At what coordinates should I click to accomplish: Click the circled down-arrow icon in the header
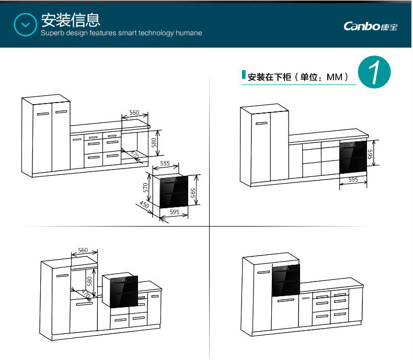point(25,24)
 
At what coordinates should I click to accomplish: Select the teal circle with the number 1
point(374,73)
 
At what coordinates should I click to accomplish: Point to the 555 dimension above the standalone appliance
point(165,164)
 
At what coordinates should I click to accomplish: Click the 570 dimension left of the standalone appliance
point(146,188)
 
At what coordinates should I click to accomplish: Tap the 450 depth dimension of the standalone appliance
point(144,205)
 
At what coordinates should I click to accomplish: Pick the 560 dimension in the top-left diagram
point(134,113)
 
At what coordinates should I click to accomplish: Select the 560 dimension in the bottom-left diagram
point(83,250)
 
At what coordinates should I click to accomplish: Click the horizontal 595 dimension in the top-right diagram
point(353,179)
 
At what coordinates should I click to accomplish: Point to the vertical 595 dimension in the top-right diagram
point(369,154)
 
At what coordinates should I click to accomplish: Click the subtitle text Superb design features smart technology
point(121,33)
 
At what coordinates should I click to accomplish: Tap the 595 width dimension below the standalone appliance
point(174,212)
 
